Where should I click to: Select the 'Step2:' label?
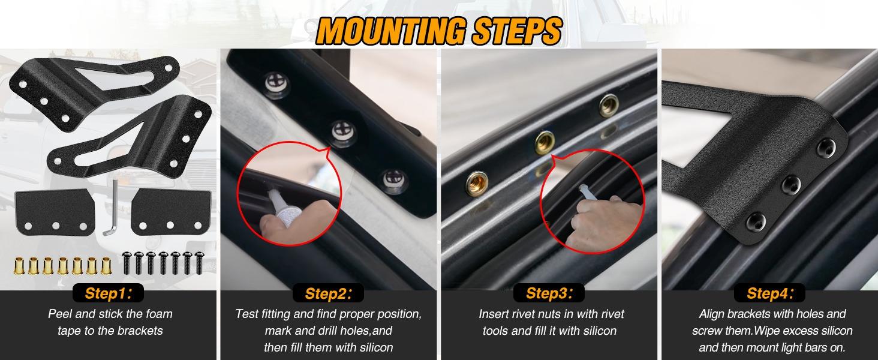click(327, 293)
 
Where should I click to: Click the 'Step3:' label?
click(546, 293)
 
